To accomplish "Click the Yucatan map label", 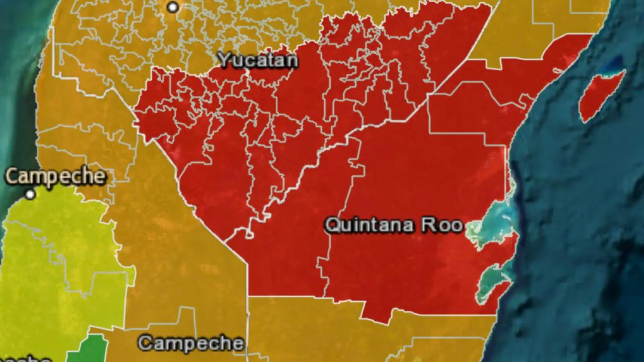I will (258, 60).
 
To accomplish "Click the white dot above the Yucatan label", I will (173, 7).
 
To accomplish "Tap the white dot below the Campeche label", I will (31, 194).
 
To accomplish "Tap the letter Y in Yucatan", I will (224, 60).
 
